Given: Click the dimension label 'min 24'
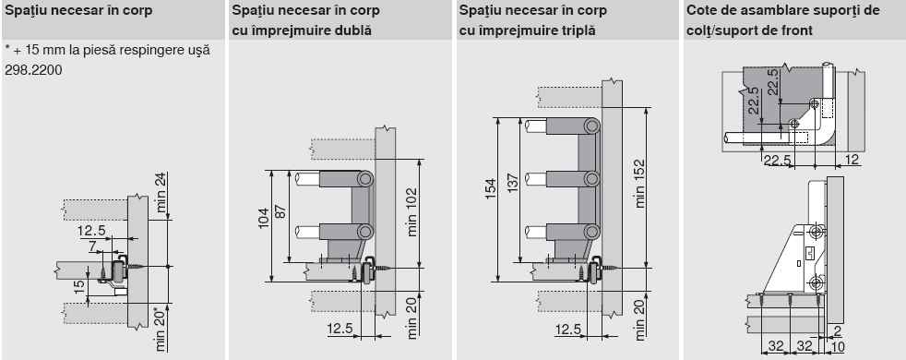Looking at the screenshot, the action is coord(161,192).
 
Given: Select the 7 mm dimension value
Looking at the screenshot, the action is coord(92,246).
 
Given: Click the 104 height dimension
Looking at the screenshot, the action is coord(264,218).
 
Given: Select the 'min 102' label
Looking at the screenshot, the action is coord(411,212).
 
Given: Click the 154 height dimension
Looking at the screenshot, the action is coord(491,188).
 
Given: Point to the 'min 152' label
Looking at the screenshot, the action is coord(639,183).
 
